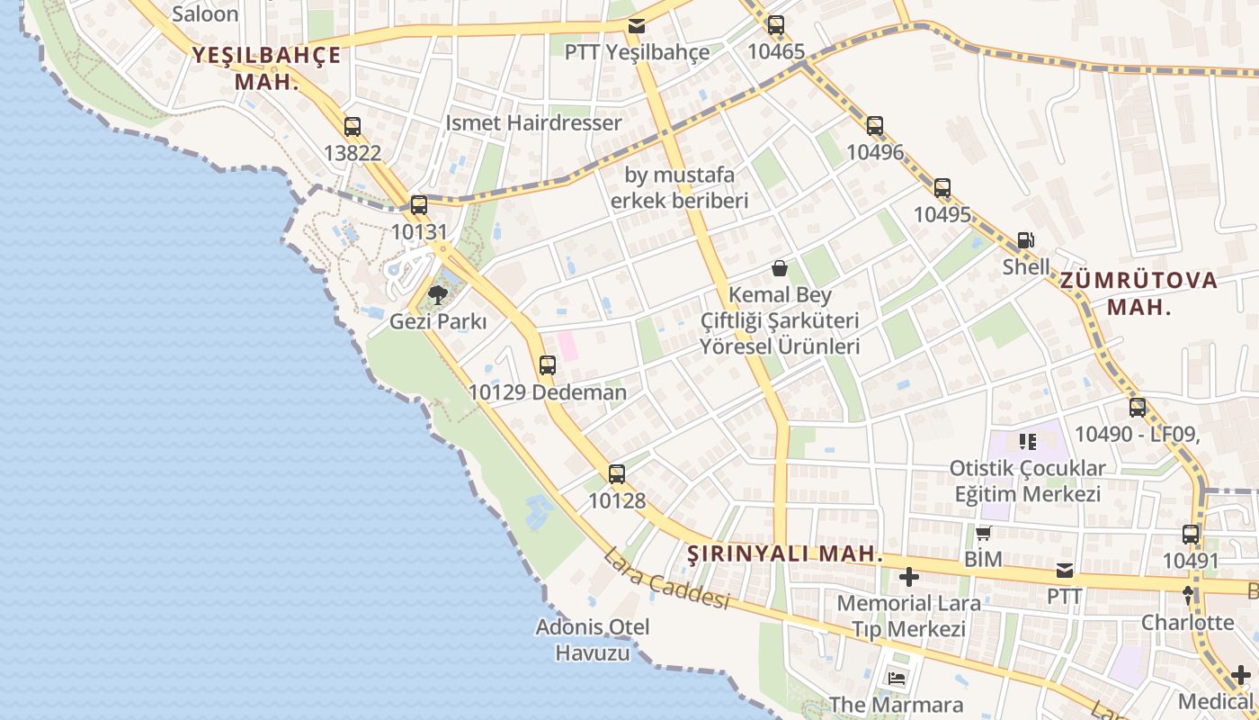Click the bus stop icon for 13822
pyautogui.click(x=353, y=127)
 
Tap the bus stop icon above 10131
pyautogui.click(x=419, y=205)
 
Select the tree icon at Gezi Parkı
pyautogui.click(x=438, y=294)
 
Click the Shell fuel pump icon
pyautogui.click(x=1026, y=240)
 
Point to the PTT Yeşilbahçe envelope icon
pyautogui.click(x=637, y=26)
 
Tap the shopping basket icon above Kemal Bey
pyautogui.click(x=780, y=268)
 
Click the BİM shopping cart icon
pyautogui.click(x=983, y=533)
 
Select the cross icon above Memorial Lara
pyautogui.click(x=909, y=576)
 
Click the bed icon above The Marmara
pyautogui.click(x=896, y=678)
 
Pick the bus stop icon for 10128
pyautogui.click(x=617, y=474)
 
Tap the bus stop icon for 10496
pyautogui.click(x=875, y=126)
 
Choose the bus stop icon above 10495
pyautogui.click(x=942, y=188)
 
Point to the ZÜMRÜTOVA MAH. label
pyautogui.click(x=1139, y=292)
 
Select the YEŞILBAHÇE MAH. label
pyautogui.click(x=266, y=68)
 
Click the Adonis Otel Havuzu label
pyautogui.click(x=593, y=639)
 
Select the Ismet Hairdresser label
pyautogui.click(x=534, y=122)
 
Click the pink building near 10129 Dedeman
pyautogui.click(x=567, y=346)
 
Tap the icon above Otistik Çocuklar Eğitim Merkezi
pyautogui.click(x=1027, y=442)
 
